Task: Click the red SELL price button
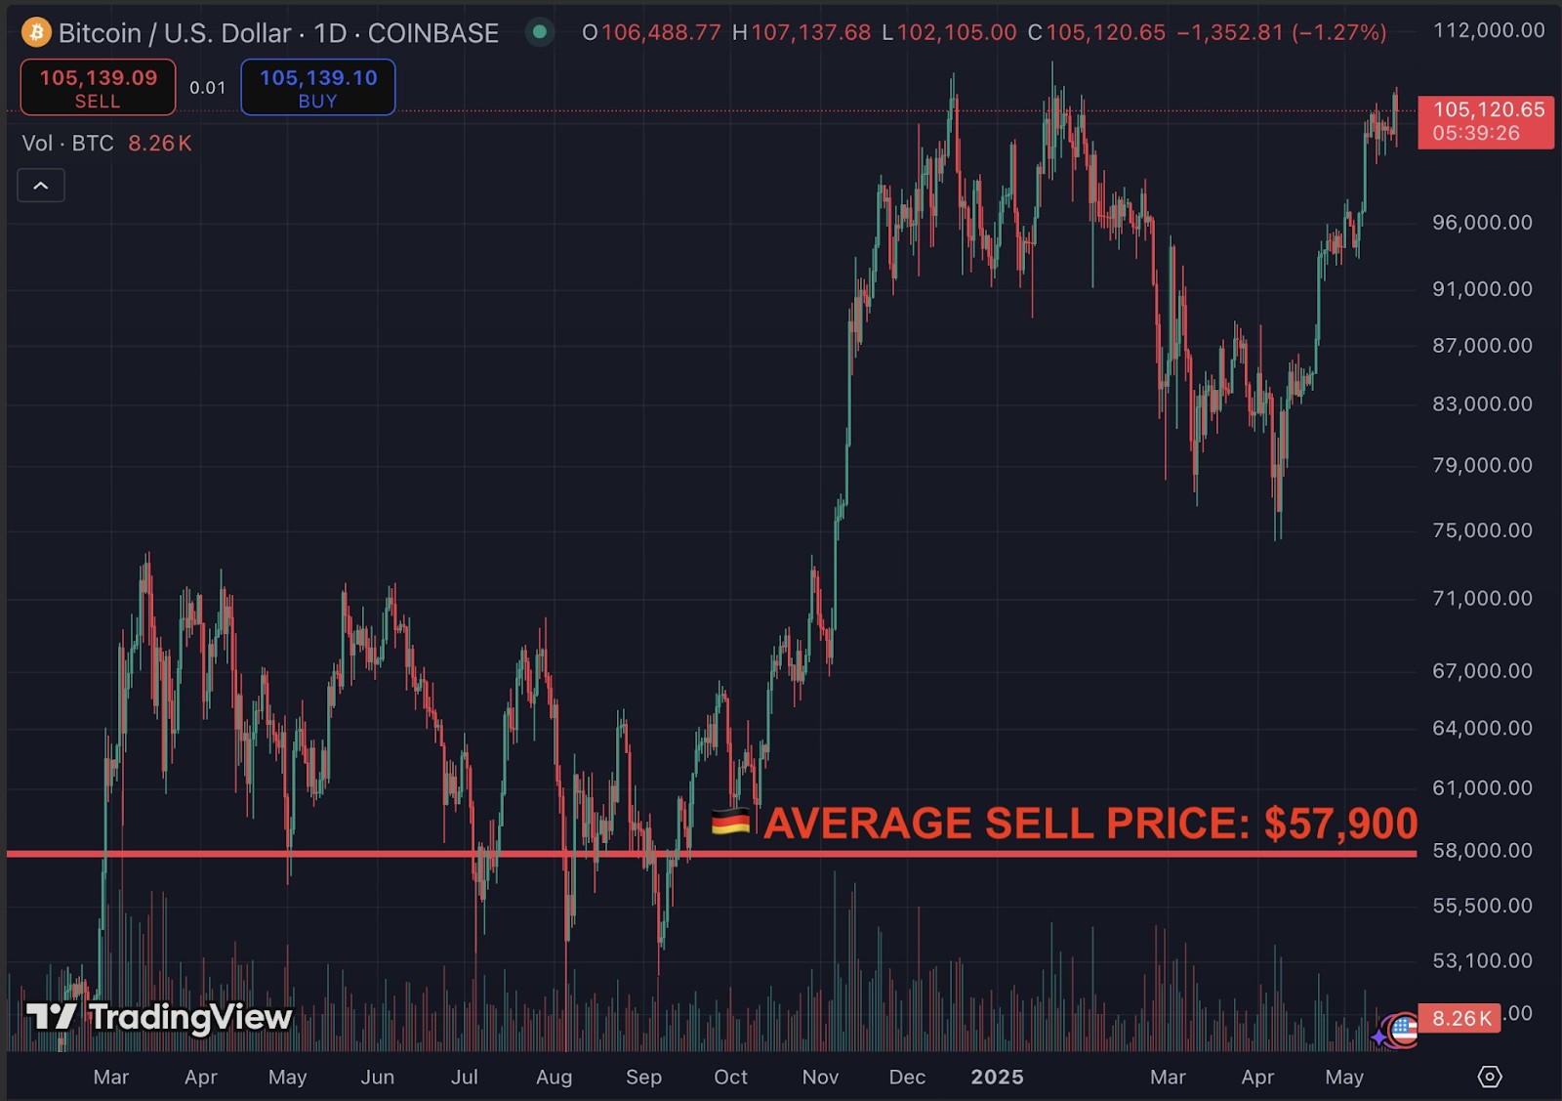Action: click(98, 87)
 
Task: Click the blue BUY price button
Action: click(318, 87)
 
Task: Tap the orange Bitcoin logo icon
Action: click(36, 32)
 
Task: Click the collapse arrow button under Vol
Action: click(41, 186)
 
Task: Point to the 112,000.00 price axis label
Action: click(1488, 30)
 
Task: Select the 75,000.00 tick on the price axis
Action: click(1482, 530)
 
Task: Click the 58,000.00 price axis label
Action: click(1482, 851)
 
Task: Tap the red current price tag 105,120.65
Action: click(1486, 121)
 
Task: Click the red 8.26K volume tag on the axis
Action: click(1460, 1019)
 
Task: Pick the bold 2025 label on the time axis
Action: click(997, 1077)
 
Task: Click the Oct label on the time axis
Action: click(730, 1077)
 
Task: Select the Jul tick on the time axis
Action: click(465, 1077)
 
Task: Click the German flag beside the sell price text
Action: click(730, 823)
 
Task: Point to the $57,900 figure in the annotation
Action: click(1340, 824)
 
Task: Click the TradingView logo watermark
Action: click(159, 1017)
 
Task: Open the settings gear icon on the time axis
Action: click(1490, 1077)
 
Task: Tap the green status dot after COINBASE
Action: click(539, 32)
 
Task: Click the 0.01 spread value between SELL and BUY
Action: click(207, 88)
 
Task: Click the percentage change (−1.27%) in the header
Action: click(1338, 32)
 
